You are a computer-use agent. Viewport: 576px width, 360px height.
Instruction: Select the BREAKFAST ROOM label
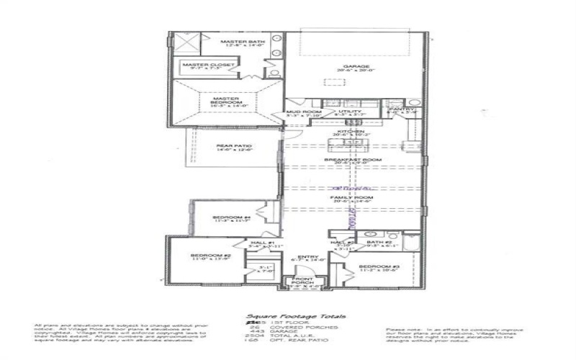(352, 160)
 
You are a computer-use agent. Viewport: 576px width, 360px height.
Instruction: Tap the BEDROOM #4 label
(231, 217)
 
